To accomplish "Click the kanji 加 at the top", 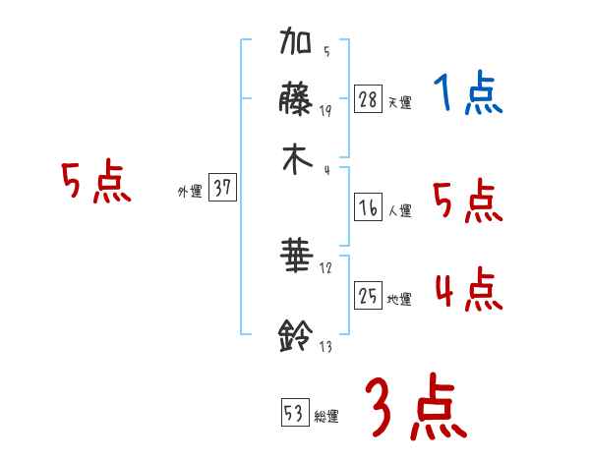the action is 297,44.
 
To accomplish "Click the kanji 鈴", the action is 297,336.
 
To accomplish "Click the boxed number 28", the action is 368,99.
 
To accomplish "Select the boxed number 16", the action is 368,206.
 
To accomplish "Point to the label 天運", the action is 399,102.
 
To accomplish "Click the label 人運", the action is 399,209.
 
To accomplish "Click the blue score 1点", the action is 468,95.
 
